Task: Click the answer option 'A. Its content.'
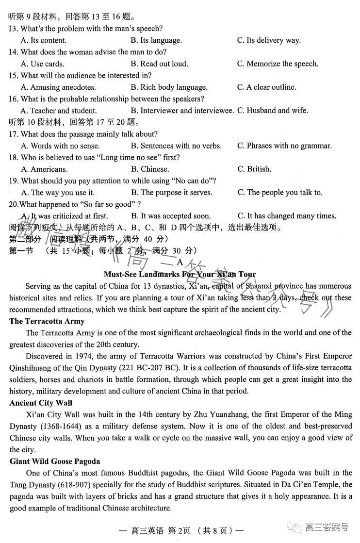(x=44, y=40)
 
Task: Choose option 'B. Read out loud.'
(x=160, y=64)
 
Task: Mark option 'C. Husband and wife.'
(x=272, y=111)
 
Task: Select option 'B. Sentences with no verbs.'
(x=176, y=146)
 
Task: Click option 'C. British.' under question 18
(x=254, y=169)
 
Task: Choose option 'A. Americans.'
(x=44, y=169)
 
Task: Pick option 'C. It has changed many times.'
(x=287, y=216)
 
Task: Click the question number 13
(x=14, y=29)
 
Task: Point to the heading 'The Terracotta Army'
(x=47, y=321)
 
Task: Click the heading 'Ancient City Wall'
(x=41, y=403)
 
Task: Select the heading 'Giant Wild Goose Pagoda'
(x=54, y=461)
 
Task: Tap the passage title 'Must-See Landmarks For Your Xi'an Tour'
(x=180, y=274)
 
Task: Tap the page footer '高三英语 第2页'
(x=165, y=530)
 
